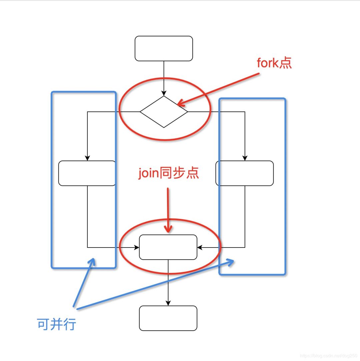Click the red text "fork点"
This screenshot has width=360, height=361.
tap(274, 63)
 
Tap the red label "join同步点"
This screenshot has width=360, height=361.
tap(168, 173)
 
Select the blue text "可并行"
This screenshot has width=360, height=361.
tap(57, 324)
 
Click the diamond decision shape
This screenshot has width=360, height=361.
tap(164, 112)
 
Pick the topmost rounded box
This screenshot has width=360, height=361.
tap(164, 49)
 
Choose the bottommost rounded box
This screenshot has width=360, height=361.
tap(168, 318)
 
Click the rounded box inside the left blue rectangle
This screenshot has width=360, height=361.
tap(87, 173)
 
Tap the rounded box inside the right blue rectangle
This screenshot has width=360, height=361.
tap(245, 173)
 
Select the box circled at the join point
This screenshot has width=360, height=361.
tap(168, 247)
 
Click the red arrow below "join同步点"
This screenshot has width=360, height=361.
tap(168, 210)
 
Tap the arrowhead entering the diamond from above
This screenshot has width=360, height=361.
tap(164, 93)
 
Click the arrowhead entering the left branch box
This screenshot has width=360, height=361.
tap(87, 158)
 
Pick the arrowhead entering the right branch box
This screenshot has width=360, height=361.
tap(245, 158)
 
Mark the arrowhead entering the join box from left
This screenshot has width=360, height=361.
tap(137, 248)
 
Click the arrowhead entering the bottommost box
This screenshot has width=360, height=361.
tap(168, 303)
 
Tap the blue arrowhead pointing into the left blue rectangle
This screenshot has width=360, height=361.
tap(92, 262)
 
